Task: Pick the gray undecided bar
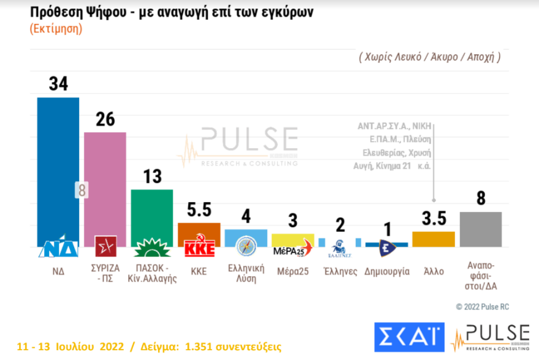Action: (481, 229)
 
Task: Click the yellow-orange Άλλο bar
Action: (434, 239)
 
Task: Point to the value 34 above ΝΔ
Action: (58, 84)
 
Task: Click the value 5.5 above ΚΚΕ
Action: (199, 210)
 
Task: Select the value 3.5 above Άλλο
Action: (434, 219)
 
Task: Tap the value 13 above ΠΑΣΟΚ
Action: (152, 176)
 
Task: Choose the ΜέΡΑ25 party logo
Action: (292, 249)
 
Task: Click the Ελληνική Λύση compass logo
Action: (246, 246)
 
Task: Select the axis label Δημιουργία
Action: (386, 271)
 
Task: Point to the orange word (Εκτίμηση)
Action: (55, 29)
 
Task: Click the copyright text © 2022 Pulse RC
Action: (482, 307)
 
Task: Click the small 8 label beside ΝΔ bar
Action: (81, 190)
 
